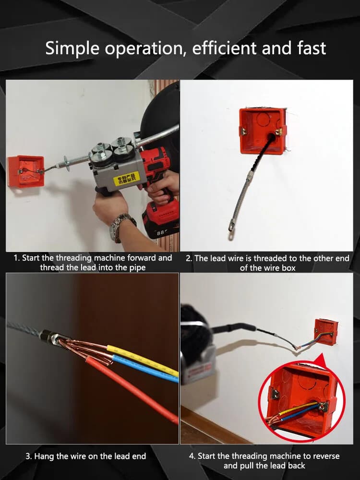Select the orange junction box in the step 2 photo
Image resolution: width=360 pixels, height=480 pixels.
[x=263, y=131]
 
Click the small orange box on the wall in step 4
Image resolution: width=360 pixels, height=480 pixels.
[x=326, y=331]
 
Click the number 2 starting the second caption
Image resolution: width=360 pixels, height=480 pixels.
[x=188, y=258]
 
